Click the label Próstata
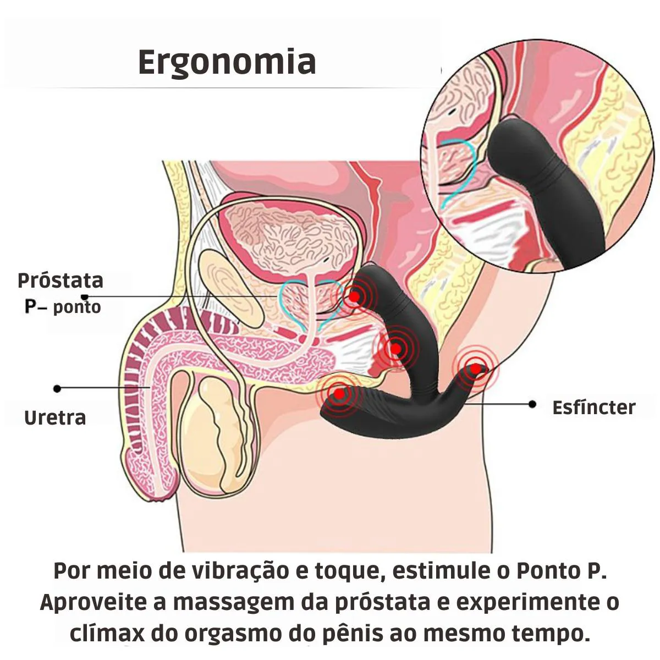pyautogui.click(x=61, y=281)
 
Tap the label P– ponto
pyautogui.click(x=63, y=306)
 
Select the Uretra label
pyautogui.click(x=55, y=417)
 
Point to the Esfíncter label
pyautogui.click(x=594, y=408)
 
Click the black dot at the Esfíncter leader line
pyautogui.click(x=532, y=404)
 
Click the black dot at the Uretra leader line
pyautogui.click(x=58, y=388)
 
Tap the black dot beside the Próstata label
pyautogui.click(x=85, y=297)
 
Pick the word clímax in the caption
pyautogui.click(x=107, y=633)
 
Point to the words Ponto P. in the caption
pyautogui.click(x=562, y=570)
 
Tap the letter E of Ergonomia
pyautogui.click(x=147, y=62)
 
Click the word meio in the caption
pyautogui.click(x=128, y=570)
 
